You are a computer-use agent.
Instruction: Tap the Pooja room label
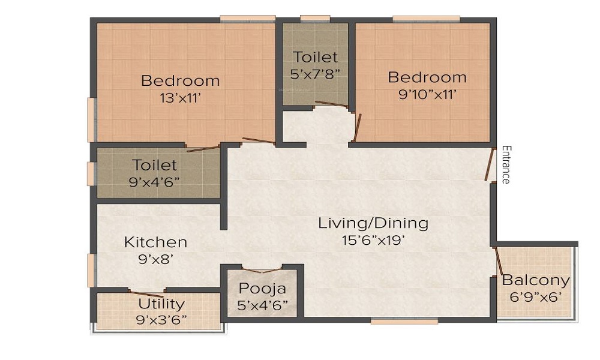click(262, 289)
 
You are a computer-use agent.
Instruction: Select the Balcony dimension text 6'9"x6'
click(535, 297)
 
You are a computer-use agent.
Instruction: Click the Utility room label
click(161, 304)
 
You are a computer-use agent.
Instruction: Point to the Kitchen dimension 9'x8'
click(155, 260)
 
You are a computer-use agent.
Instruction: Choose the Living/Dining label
click(373, 224)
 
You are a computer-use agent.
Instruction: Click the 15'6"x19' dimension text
click(373, 241)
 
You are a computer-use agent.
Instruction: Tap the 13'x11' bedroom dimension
click(179, 97)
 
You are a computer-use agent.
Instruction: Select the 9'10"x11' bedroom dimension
click(427, 94)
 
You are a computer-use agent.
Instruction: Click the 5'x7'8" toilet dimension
click(316, 74)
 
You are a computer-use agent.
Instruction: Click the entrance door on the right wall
click(490, 164)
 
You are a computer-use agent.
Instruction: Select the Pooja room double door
click(262, 269)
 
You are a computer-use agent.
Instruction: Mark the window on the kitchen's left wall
click(91, 270)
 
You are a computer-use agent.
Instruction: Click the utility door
click(147, 292)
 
